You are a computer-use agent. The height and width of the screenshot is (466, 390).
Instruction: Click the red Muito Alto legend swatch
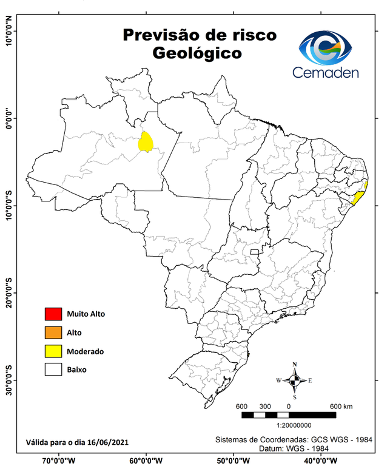click(x=53, y=314)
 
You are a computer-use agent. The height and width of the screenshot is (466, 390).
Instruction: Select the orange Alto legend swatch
click(x=53, y=333)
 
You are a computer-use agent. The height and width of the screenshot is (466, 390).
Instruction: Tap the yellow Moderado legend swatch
click(x=53, y=351)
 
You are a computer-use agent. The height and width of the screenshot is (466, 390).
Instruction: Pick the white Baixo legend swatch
click(x=53, y=369)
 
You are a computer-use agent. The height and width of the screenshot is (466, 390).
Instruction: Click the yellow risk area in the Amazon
click(x=146, y=142)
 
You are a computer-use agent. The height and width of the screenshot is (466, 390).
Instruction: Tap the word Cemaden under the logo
click(x=326, y=73)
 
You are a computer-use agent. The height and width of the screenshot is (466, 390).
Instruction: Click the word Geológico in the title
click(x=197, y=53)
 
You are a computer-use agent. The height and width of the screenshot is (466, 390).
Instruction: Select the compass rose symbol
click(x=294, y=380)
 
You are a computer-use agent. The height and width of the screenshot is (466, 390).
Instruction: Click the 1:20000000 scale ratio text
click(x=289, y=426)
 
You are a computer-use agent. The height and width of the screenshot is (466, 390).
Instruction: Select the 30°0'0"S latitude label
click(x=8, y=380)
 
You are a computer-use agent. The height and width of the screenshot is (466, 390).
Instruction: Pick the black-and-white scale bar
click(x=288, y=415)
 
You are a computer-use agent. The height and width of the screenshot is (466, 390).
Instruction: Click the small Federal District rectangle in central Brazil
click(x=254, y=251)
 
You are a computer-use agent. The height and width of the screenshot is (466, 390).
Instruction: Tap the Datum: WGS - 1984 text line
click(x=291, y=448)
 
